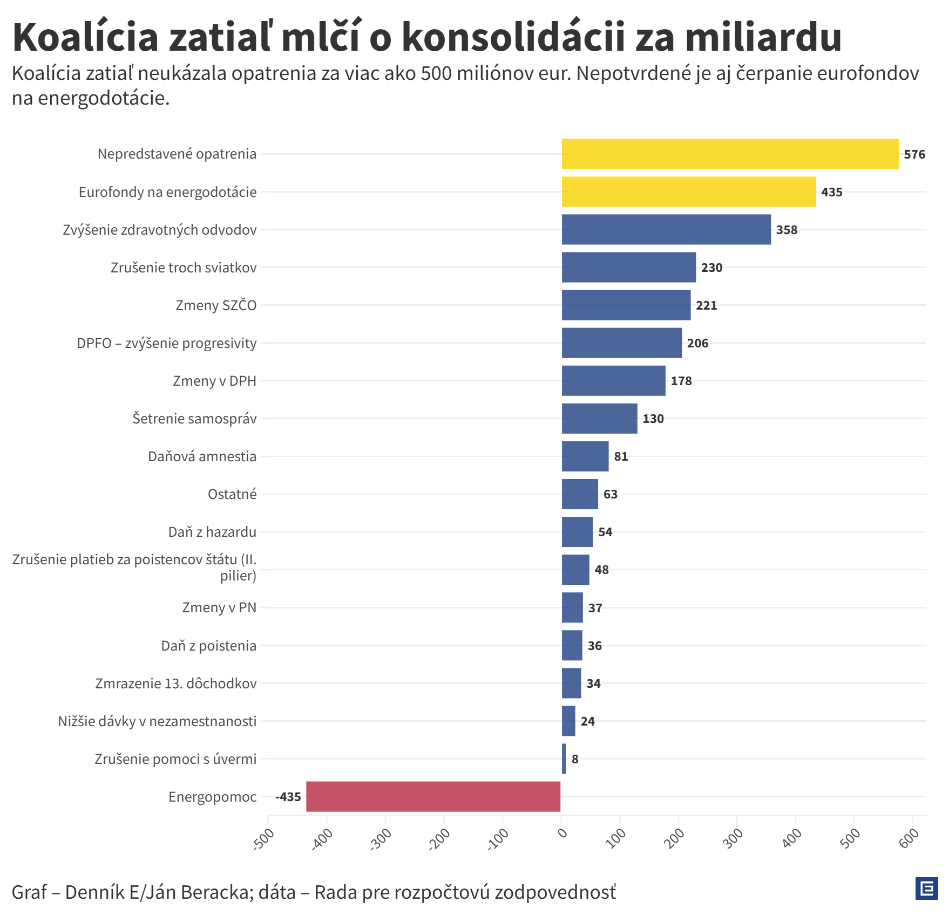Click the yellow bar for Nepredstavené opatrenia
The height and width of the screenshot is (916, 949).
coord(730,154)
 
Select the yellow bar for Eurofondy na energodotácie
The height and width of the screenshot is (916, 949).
coord(689,192)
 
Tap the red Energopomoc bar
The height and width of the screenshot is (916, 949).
coord(433,796)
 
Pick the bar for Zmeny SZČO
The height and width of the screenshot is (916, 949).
coord(626,305)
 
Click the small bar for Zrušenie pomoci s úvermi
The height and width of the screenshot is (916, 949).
coord(564,758)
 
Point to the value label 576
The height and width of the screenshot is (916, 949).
coord(914,154)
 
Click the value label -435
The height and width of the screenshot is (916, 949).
coord(288,797)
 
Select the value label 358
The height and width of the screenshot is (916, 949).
coord(787,230)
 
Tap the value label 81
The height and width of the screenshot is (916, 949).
coord(621,456)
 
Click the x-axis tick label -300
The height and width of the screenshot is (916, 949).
coord(381,839)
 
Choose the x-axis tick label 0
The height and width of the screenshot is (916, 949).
coord(562,833)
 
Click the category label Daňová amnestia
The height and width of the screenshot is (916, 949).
coord(202,456)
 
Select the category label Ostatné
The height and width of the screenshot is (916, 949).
coord(232,494)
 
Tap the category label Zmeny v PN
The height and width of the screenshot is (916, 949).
coord(219,607)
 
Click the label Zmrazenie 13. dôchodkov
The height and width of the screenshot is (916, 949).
coord(176,683)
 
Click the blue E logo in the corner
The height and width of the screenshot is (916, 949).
coord(927,888)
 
